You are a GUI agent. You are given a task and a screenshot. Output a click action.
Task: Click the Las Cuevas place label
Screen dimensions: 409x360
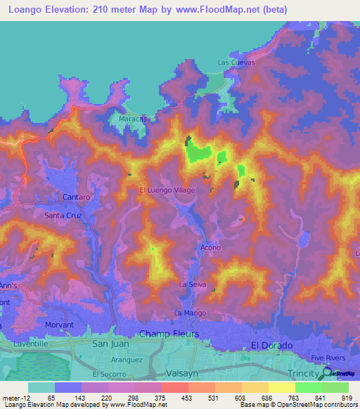(x=236, y=63)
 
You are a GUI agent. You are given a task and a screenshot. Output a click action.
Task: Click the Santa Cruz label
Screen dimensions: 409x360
(x=64, y=215)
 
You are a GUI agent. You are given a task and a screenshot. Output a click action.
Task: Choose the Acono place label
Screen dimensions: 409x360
(x=210, y=247)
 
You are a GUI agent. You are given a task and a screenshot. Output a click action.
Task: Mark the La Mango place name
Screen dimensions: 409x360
(x=188, y=311)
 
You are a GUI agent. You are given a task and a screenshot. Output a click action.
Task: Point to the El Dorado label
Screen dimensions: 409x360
(x=271, y=345)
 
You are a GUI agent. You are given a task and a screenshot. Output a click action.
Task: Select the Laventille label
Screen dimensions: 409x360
(x=28, y=344)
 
